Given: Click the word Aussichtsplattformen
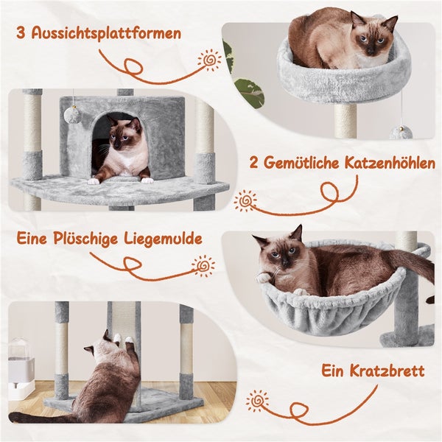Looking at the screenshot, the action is (106, 34).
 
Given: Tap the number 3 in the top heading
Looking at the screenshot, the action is (21, 33).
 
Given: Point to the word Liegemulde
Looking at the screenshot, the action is (163, 239).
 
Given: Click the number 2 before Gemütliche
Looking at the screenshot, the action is (253, 164).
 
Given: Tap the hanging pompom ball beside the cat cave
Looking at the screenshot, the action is (73, 113).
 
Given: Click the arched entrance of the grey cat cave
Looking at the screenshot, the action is (119, 144).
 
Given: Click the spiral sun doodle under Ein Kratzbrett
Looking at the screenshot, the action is (257, 400).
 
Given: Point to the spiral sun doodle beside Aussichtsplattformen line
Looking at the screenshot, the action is (209, 60).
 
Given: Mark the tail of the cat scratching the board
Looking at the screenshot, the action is (40, 417).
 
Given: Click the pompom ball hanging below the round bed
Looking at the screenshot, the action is (401, 133).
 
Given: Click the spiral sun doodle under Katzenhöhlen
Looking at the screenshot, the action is (246, 201).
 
